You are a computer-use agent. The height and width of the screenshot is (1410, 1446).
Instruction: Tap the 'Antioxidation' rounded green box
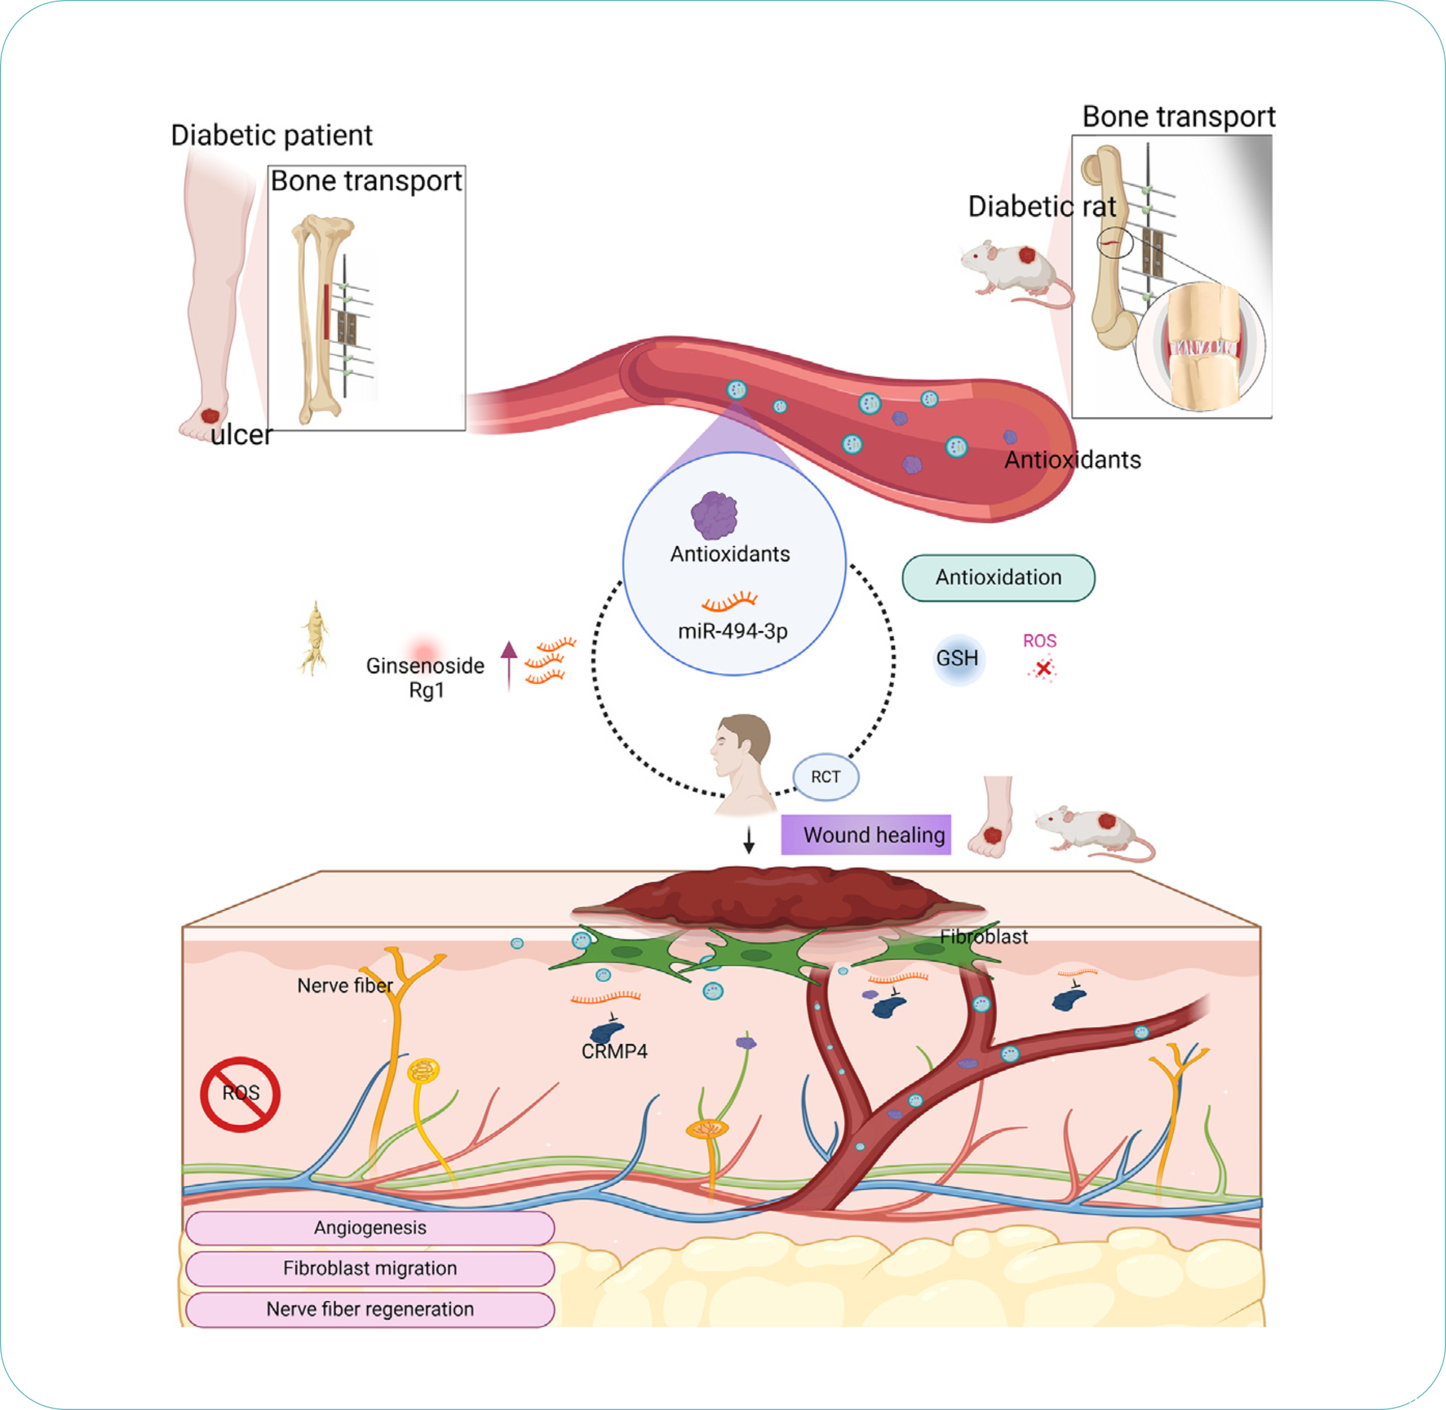pos(998,578)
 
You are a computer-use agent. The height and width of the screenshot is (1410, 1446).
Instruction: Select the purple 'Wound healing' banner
pos(866,834)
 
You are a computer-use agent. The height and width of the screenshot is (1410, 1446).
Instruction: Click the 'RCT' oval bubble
pos(825,777)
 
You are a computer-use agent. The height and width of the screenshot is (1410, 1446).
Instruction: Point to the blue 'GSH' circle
pos(957,658)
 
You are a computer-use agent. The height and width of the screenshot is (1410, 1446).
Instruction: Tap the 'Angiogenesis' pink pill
pos(370,1228)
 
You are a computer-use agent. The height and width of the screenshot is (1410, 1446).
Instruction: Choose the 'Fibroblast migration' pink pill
pos(370,1268)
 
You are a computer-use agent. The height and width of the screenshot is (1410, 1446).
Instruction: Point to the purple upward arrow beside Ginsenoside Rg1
pos(509,665)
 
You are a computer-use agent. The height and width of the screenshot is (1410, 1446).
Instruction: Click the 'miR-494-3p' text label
pos(733,631)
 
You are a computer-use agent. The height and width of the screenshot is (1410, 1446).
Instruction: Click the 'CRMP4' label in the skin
pos(614,1052)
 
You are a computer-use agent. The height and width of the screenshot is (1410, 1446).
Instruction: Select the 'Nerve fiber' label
pos(344,985)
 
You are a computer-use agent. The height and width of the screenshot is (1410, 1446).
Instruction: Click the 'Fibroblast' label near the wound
pos(984,937)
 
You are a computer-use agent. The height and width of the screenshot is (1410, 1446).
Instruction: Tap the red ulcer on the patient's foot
pos(210,416)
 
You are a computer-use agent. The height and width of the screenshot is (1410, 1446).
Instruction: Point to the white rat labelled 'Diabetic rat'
pos(1012,267)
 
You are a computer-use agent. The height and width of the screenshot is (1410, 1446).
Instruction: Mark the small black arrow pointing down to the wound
pos(749,840)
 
